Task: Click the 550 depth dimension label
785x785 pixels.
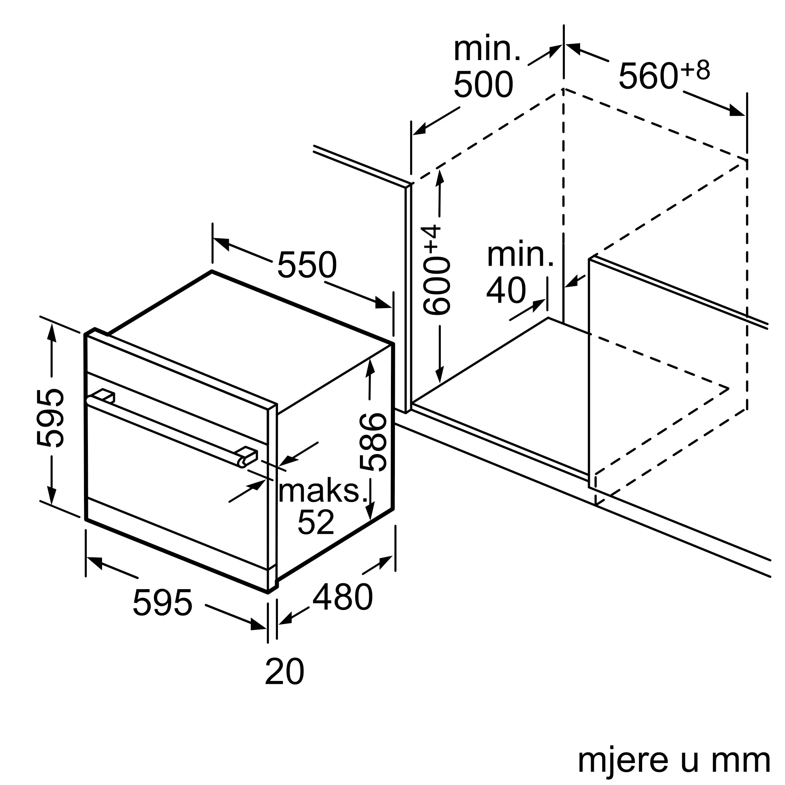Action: click(x=307, y=265)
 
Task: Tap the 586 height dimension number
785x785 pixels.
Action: click(x=373, y=442)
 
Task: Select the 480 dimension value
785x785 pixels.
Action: click(x=343, y=597)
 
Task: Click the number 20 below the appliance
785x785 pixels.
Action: click(x=285, y=672)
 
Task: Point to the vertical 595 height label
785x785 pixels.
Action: click(x=50, y=418)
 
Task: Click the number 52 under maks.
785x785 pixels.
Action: click(x=316, y=522)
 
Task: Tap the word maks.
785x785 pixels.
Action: click(x=323, y=491)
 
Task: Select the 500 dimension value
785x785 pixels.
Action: click(x=483, y=84)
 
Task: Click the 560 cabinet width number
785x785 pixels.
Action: click(x=648, y=76)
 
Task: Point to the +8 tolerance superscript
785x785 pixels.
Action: click(x=695, y=69)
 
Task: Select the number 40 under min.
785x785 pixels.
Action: click(x=506, y=290)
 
